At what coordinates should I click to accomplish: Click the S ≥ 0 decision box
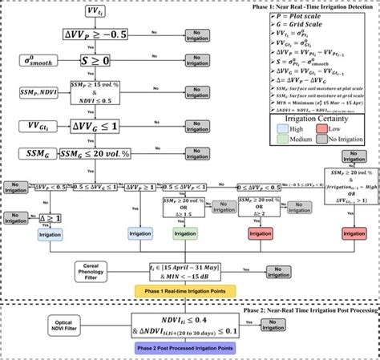pos(96,60)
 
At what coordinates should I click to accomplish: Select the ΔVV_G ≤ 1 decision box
pos(96,125)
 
